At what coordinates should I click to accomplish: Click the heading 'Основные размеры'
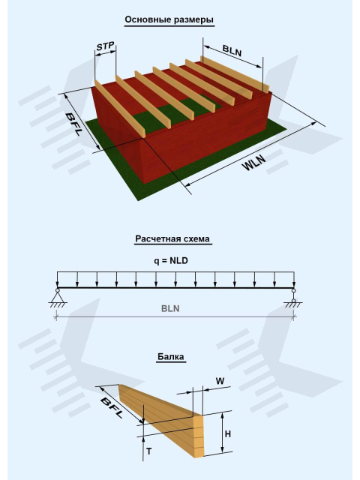coord(169,19)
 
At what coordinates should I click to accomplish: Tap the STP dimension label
coord(105,46)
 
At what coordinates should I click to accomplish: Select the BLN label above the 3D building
coord(232,50)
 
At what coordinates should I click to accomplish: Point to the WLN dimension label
coord(253,162)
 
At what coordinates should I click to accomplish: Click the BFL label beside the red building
coord(74,124)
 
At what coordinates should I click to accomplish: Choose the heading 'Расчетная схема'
coord(172,238)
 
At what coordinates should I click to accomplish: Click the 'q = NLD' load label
coord(171,261)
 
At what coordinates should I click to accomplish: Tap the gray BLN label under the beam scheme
coord(170,308)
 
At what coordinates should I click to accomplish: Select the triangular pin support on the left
coord(57,297)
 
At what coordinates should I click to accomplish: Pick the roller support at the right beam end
coord(293,297)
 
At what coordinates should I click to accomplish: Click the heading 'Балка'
coord(171,357)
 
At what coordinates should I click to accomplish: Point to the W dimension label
coord(220,381)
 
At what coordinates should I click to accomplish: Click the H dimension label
coord(228,433)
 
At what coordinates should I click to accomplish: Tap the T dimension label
coord(149,451)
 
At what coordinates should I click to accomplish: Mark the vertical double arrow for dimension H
coord(223,432)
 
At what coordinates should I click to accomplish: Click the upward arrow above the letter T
coord(143,448)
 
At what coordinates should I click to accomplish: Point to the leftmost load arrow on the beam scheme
coord(57,280)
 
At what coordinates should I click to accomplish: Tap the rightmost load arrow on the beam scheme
coord(294,280)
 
